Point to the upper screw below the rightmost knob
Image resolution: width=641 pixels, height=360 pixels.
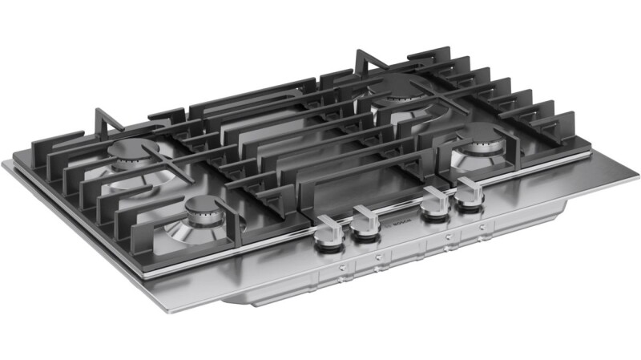click(x=482, y=228)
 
